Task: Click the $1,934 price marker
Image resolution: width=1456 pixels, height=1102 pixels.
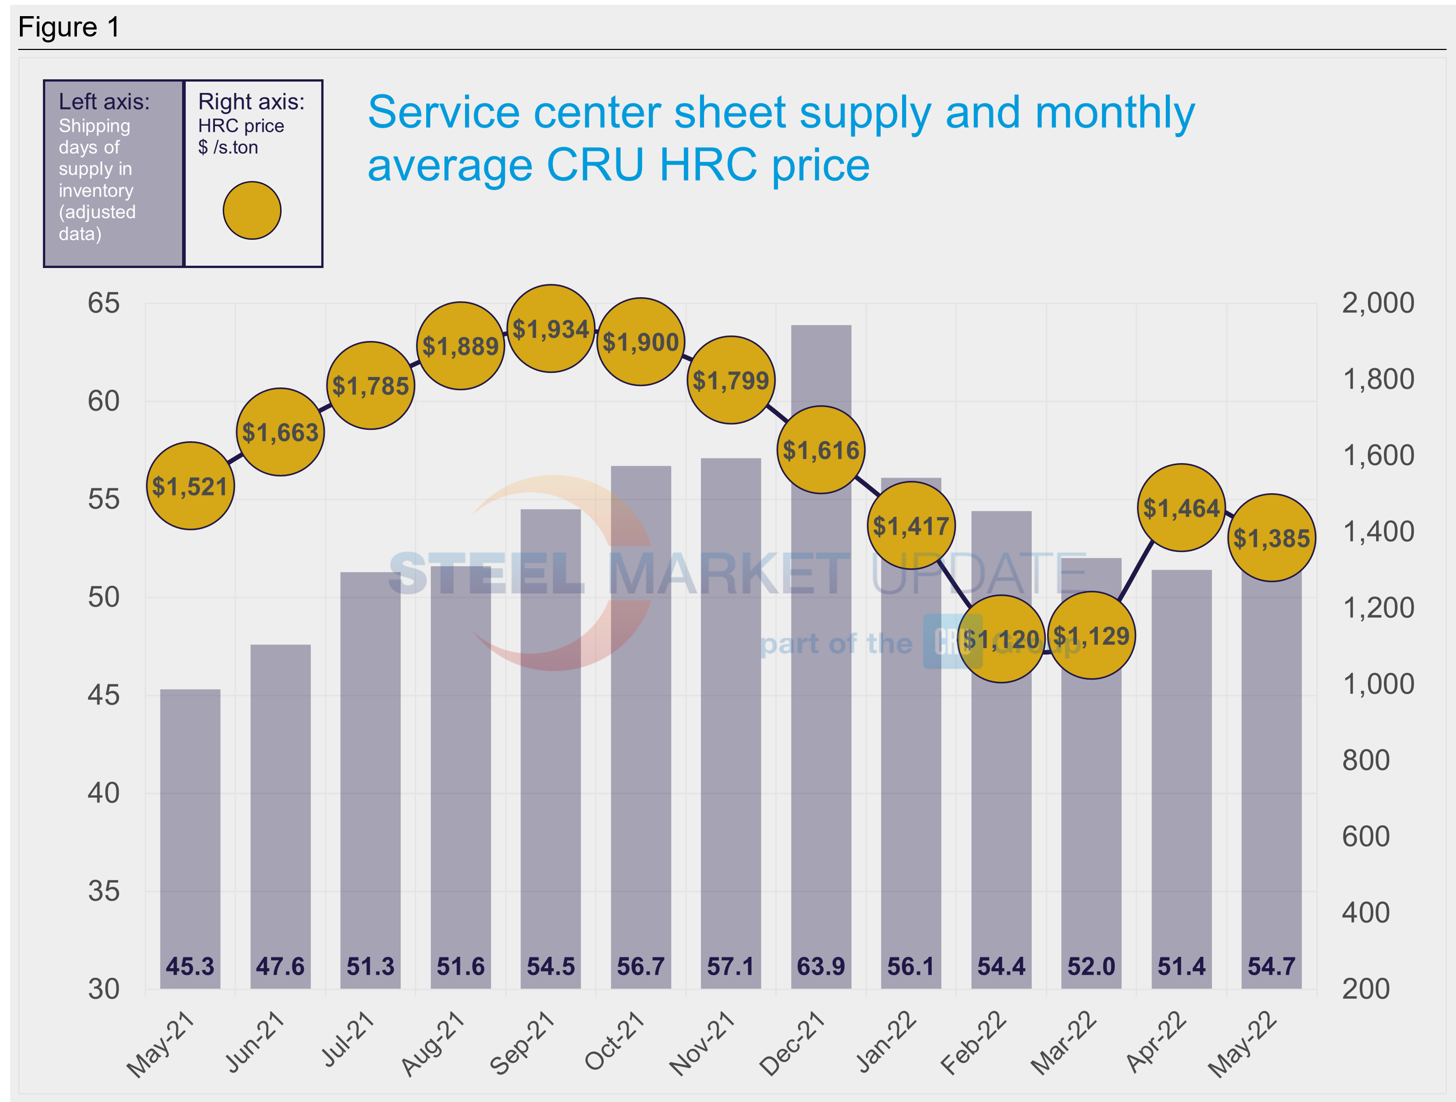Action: [551, 328]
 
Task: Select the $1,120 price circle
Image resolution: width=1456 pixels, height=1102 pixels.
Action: [1001, 639]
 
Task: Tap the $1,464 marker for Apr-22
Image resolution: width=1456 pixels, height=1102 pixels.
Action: [1181, 507]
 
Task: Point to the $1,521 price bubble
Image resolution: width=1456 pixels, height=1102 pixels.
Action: [190, 486]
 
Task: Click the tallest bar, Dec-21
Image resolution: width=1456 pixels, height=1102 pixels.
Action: [821, 724]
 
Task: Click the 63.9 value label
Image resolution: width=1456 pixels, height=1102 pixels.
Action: [821, 967]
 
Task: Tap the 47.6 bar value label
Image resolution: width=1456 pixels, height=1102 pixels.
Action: [281, 967]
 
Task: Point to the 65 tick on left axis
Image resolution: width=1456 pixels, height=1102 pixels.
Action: [104, 303]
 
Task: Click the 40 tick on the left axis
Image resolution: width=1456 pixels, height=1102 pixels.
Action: [104, 794]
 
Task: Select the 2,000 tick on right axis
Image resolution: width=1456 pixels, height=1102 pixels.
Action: [1378, 303]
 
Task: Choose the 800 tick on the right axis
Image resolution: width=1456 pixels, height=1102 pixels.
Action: [1366, 760]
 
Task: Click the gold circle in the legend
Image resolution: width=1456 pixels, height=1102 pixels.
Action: [252, 211]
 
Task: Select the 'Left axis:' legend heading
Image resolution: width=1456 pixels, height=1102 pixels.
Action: [104, 102]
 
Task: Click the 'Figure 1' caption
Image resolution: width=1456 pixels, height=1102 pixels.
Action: [69, 27]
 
